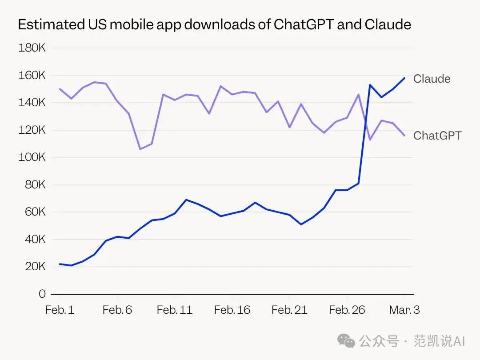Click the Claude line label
(x=432, y=79)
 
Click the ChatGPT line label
(x=437, y=136)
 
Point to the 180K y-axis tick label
(x=32, y=48)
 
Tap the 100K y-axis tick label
(x=32, y=157)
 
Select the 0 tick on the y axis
(x=42, y=294)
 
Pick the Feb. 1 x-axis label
(x=60, y=310)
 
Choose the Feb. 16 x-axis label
(x=232, y=310)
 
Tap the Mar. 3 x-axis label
(x=404, y=310)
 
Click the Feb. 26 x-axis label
(x=347, y=310)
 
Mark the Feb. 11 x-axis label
(x=175, y=310)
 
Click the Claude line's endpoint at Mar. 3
(x=404, y=78)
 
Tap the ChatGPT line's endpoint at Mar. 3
(x=404, y=136)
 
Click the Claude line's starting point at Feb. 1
(x=60, y=264)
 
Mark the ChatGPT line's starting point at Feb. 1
(x=60, y=89)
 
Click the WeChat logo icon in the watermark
(x=346, y=341)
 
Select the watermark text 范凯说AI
(x=439, y=341)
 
